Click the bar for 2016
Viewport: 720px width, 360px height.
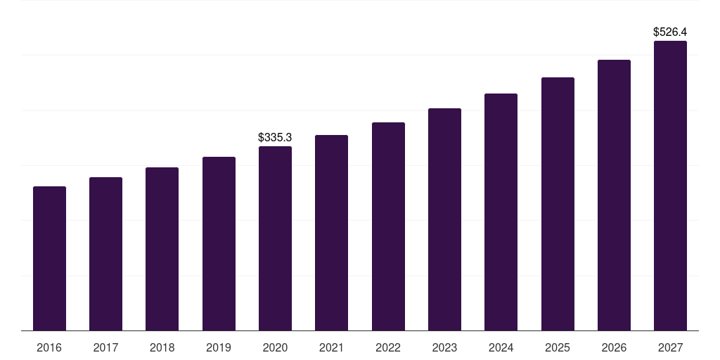pyautogui.click(x=49, y=258)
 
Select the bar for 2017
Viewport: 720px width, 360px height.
pyautogui.click(x=105, y=254)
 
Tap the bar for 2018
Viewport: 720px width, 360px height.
pyautogui.click(x=162, y=249)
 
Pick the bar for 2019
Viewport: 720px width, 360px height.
pyautogui.click(x=219, y=243)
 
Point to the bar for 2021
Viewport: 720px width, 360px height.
pyautogui.click(x=331, y=233)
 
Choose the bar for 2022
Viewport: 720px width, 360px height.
pyautogui.click(x=388, y=226)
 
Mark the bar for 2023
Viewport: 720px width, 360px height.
pyautogui.click(x=444, y=219)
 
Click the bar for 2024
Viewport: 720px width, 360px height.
pyautogui.click(x=501, y=212)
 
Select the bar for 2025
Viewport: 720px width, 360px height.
pyautogui.click(x=558, y=204)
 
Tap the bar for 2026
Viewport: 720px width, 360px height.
pyautogui.click(x=614, y=195)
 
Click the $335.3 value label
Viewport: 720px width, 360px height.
pyautogui.click(x=275, y=137)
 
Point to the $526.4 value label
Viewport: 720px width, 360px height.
pyautogui.click(x=670, y=32)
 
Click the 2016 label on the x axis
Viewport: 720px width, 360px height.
pyautogui.click(x=49, y=347)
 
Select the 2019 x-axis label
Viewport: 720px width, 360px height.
pyautogui.click(x=219, y=347)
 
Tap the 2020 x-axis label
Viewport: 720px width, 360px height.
pyautogui.click(x=275, y=347)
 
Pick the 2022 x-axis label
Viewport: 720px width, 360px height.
pyautogui.click(x=388, y=347)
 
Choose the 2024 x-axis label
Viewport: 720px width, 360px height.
pyautogui.click(x=501, y=347)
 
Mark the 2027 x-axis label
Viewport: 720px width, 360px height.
pyautogui.click(x=670, y=347)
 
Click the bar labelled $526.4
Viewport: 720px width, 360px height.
pyautogui.click(x=670, y=186)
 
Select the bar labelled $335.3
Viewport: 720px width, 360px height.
pyautogui.click(x=275, y=238)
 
